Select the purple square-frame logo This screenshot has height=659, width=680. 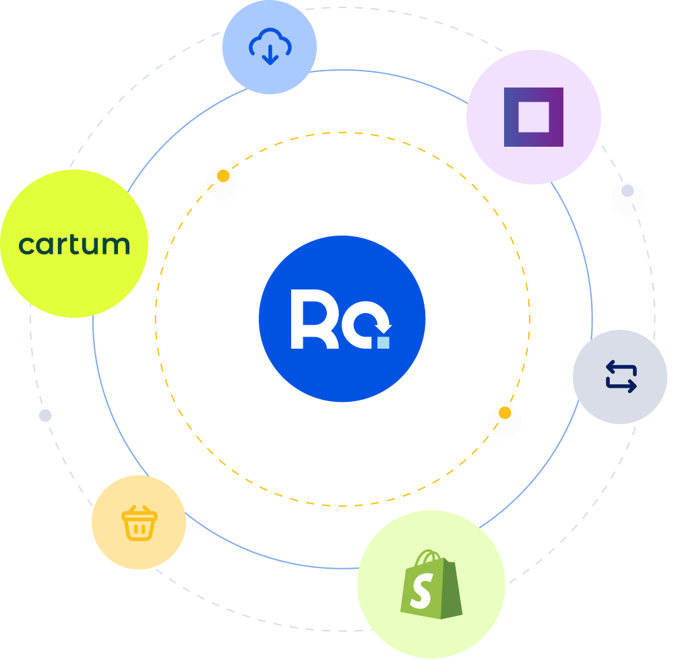tap(533, 116)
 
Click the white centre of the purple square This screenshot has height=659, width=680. tap(533, 116)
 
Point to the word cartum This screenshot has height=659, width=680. tap(74, 244)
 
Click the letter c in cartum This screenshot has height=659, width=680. tap(26, 246)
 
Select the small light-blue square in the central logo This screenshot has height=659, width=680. tap(383, 343)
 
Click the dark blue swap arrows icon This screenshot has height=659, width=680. tap(621, 376)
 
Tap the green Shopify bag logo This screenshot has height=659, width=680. tap(431, 584)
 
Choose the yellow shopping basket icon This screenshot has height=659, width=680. tap(139, 523)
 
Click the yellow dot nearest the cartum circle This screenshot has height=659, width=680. tap(223, 176)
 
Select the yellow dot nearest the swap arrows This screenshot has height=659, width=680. tap(505, 413)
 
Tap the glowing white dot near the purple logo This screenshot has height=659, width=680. tap(627, 191)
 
